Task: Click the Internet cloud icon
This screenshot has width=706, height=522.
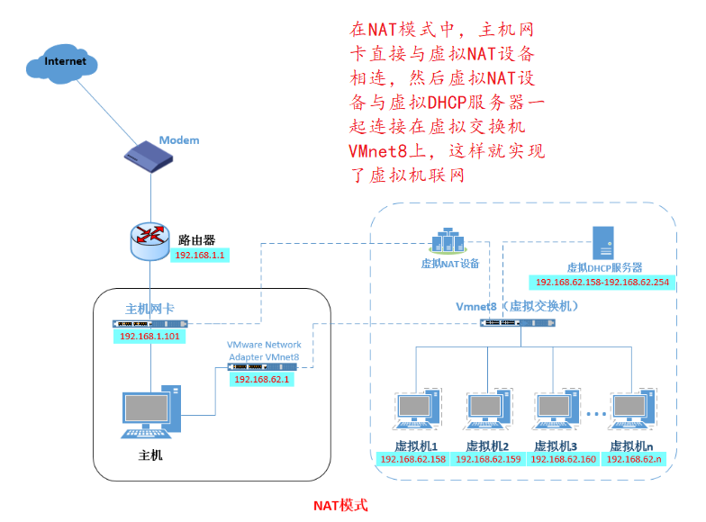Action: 67,64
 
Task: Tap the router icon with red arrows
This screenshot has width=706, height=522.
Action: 149,236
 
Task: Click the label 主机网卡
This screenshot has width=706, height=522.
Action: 149,309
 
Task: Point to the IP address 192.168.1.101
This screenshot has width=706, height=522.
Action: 149,337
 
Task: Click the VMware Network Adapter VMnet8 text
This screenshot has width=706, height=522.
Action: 264,351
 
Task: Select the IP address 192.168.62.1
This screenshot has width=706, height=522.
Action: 261,380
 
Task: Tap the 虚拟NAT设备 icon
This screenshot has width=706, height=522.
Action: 448,240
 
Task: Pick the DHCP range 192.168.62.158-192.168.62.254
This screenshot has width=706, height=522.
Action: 604,283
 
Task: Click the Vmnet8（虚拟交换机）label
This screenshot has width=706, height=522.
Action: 516,306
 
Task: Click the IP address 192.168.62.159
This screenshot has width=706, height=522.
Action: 488,459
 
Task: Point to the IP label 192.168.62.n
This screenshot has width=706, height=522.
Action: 633,459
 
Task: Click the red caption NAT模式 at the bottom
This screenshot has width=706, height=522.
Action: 340,506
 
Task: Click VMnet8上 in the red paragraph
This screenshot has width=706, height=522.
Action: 385,150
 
